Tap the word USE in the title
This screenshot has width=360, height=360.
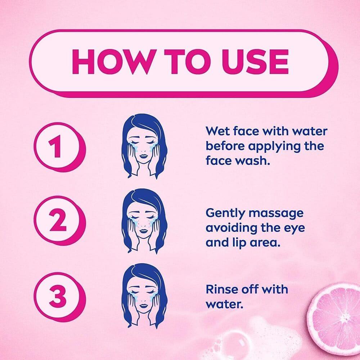point(255,62)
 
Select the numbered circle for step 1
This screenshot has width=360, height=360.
point(60,147)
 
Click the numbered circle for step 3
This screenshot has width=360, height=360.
point(60,297)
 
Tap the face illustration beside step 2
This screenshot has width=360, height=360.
point(144,221)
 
